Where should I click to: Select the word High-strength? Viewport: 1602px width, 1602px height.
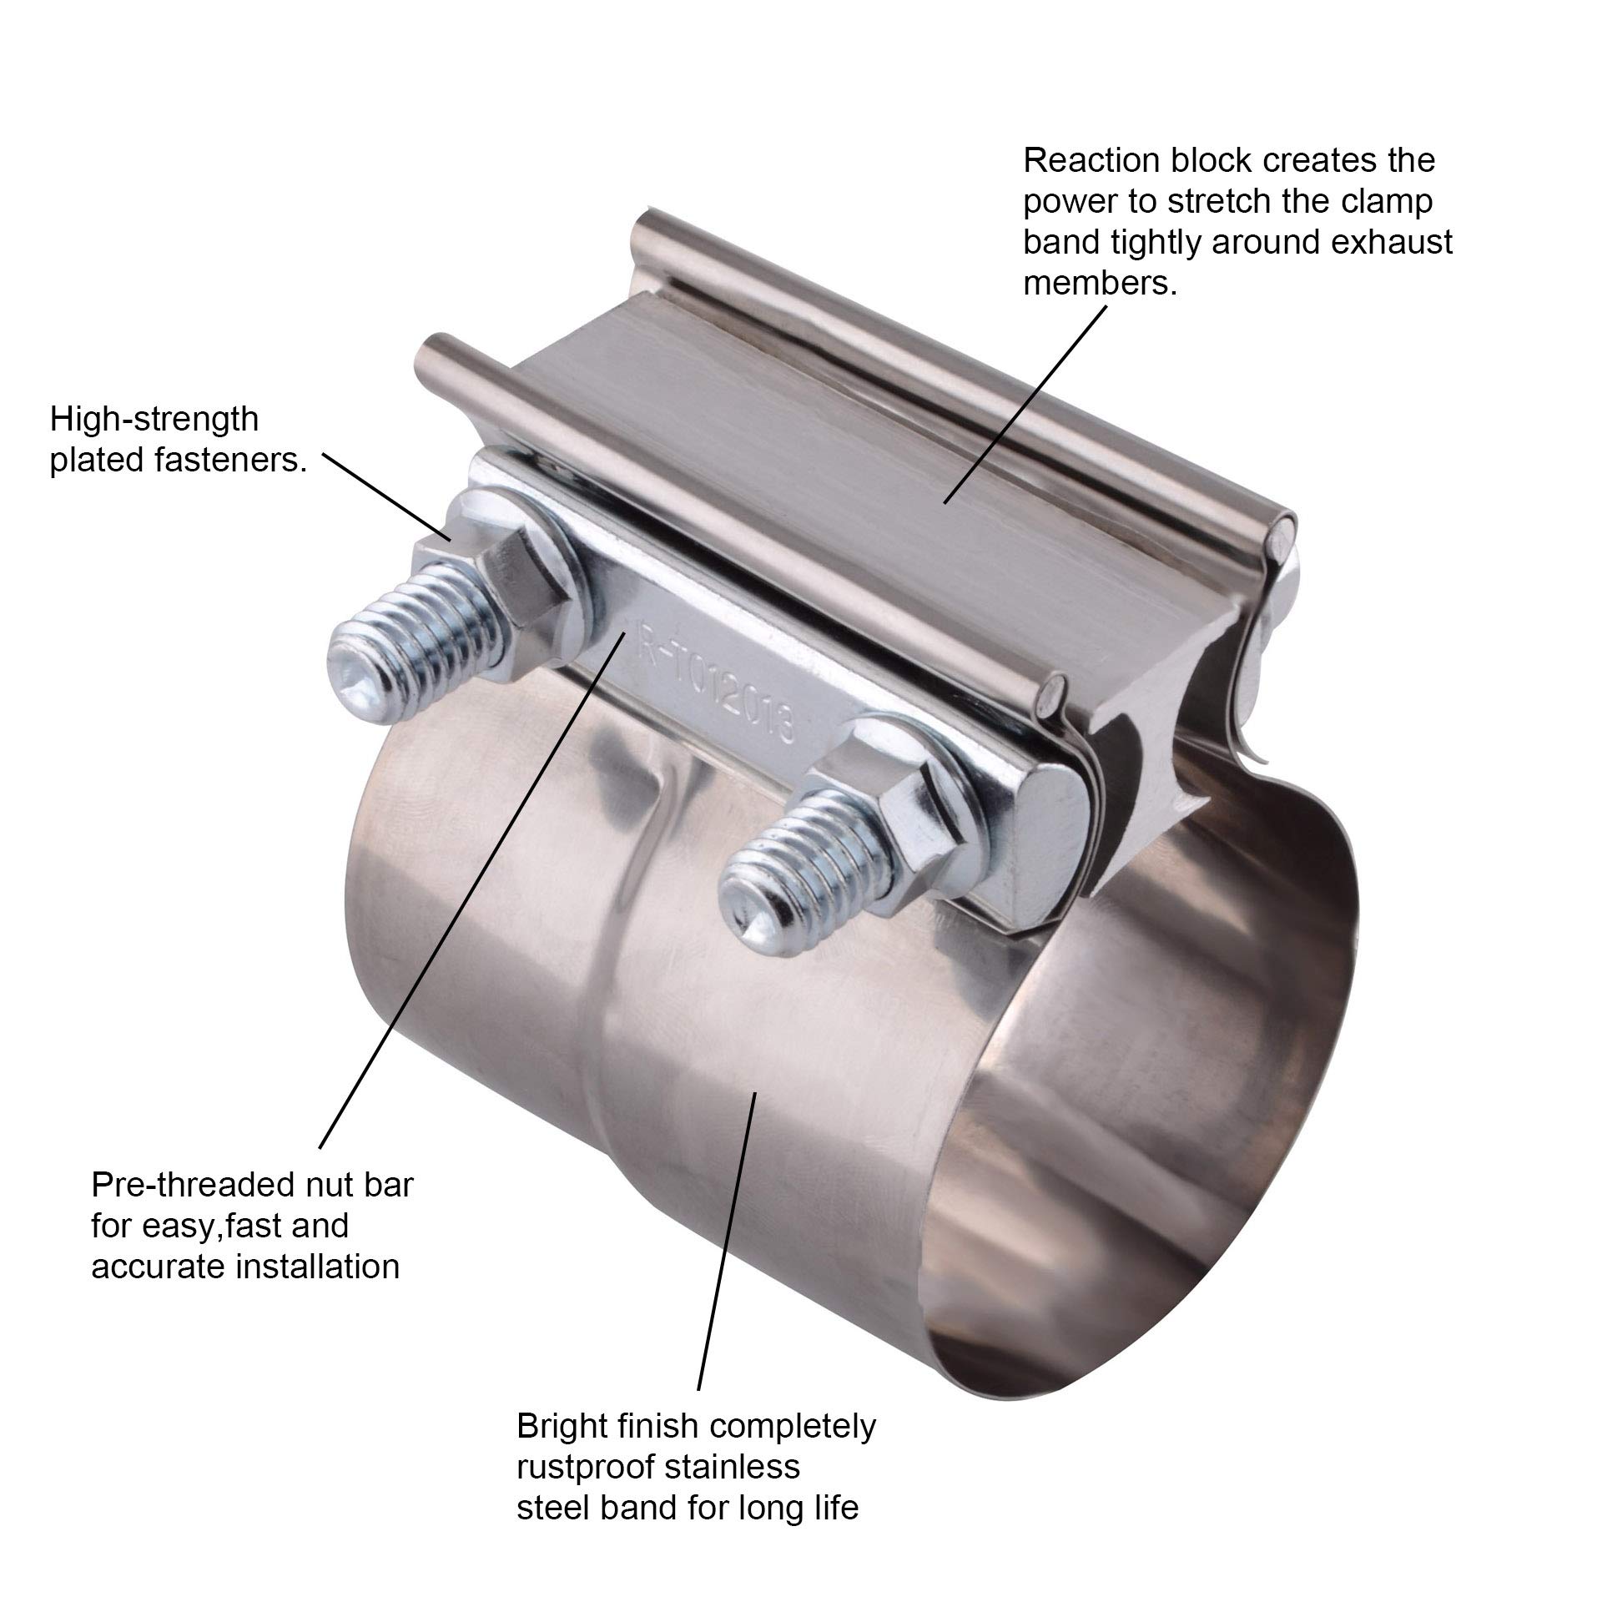(x=154, y=420)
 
